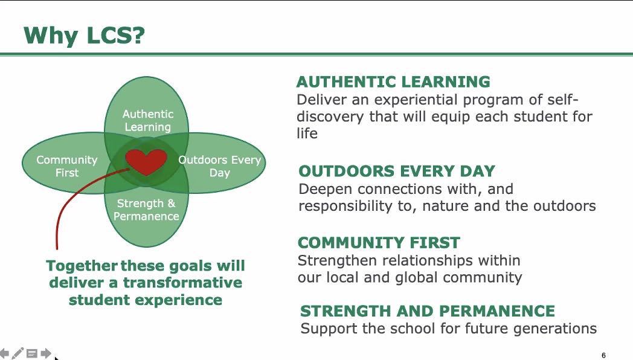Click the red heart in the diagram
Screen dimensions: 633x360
point(146,161)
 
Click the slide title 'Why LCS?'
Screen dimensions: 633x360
point(84,36)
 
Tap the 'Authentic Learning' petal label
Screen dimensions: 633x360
point(148,120)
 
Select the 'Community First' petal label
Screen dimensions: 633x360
point(67,166)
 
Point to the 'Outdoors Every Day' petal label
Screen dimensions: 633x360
point(220,166)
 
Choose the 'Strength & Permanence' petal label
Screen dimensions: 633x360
point(146,210)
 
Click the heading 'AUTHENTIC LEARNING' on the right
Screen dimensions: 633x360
point(393,82)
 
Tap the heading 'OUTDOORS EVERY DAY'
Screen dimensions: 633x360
point(397,171)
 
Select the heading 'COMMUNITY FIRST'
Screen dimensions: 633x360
point(379,243)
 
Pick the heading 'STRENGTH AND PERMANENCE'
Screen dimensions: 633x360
point(428,311)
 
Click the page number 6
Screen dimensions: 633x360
point(603,355)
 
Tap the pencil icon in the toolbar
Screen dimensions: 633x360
point(18,353)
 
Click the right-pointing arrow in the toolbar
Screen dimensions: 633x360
point(46,353)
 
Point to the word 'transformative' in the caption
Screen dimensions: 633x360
point(182,283)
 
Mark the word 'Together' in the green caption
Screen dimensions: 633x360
point(82,266)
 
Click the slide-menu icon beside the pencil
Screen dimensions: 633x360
point(32,354)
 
